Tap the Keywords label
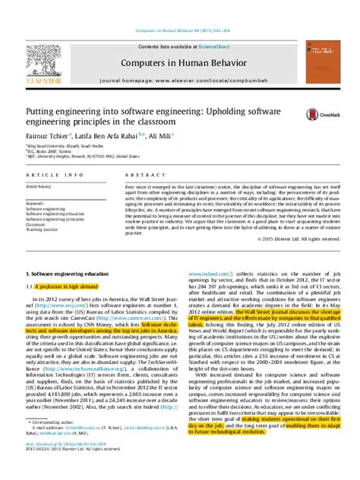click(36, 204)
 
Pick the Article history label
click(44, 185)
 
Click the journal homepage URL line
click(180, 78)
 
